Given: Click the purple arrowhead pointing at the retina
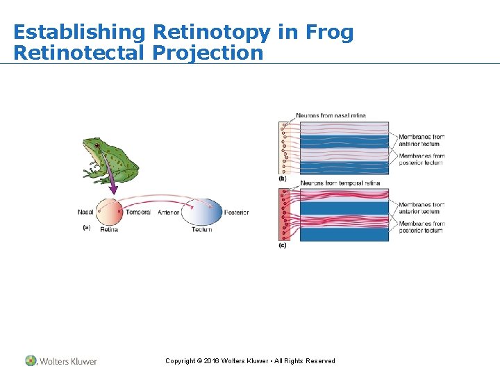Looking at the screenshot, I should [110, 188].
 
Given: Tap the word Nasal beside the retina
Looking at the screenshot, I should [85, 212].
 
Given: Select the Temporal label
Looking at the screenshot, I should [138, 212].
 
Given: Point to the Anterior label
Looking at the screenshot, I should [169, 212].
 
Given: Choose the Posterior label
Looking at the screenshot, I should [236, 212].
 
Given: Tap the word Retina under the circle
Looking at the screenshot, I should [109, 229].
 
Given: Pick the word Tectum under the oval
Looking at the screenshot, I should [201, 229].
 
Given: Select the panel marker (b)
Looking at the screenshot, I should [283, 178].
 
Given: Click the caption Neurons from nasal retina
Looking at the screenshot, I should [331, 115].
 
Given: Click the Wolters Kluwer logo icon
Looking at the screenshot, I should [31, 360].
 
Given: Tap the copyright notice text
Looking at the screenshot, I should [250, 360].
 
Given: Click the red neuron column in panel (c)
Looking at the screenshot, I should [285, 215].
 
